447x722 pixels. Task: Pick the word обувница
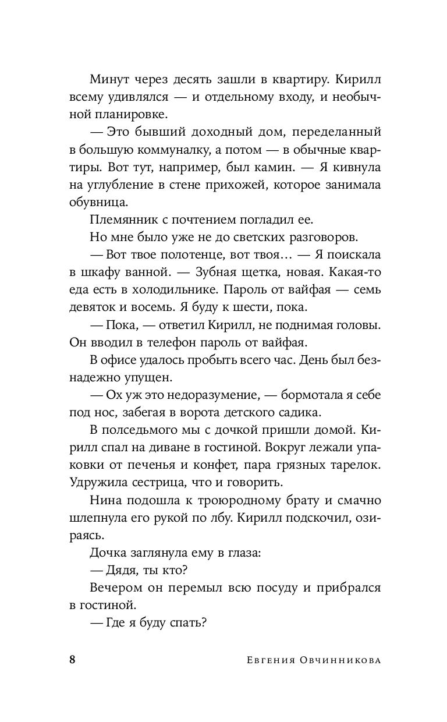pos(97,203)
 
